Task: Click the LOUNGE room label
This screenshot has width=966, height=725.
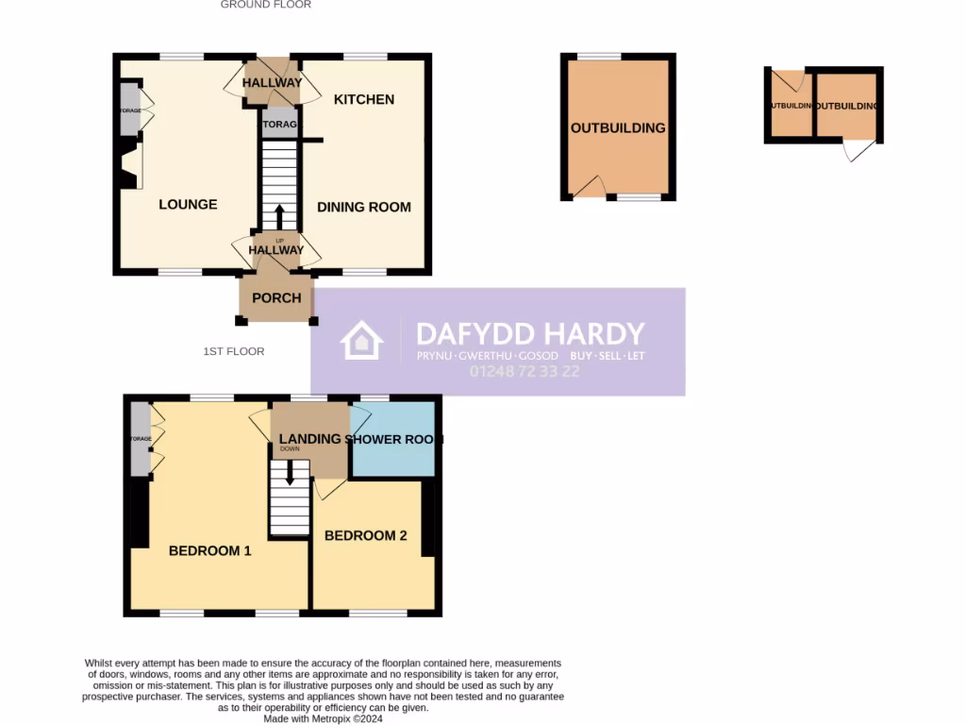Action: point(188,204)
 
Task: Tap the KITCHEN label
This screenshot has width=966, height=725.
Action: point(364,99)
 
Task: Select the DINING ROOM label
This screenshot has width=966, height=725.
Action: point(364,207)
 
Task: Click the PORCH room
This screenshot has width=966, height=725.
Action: point(276,297)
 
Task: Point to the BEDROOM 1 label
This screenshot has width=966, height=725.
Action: point(209,550)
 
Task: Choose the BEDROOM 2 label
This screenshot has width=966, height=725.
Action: point(365,535)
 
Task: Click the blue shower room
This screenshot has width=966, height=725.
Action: point(392,439)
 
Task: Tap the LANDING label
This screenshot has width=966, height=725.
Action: point(309,439)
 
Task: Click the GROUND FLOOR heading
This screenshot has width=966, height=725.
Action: point(266,5)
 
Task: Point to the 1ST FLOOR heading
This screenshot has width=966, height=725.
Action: point(234,351)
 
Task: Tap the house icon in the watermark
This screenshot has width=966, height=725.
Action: point(362,341)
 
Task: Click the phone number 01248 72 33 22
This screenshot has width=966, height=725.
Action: point(525,372)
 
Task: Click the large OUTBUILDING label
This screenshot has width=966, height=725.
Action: point(618,127)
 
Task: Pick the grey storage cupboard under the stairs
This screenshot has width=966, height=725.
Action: point(279,124)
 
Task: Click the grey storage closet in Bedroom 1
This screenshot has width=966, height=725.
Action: point(141,439)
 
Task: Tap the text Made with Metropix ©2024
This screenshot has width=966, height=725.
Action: point(324,718)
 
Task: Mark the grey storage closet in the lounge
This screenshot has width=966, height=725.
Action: point(129,111)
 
